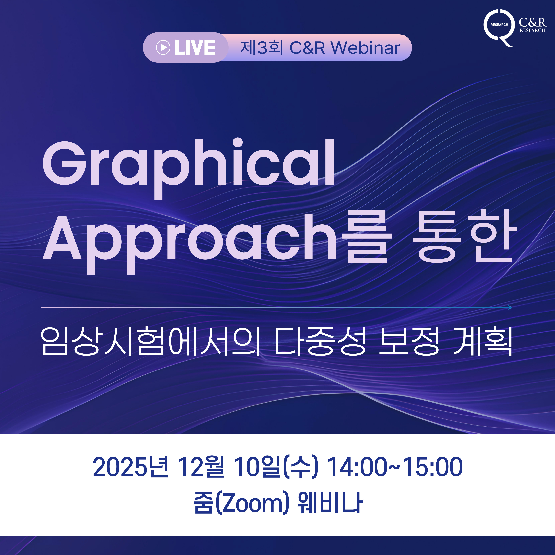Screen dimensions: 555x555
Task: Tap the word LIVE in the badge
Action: click(x=195, y=48)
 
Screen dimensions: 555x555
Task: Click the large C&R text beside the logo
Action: click(x=533, y=22)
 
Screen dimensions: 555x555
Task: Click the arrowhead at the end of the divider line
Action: click(x=510, y=307)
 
